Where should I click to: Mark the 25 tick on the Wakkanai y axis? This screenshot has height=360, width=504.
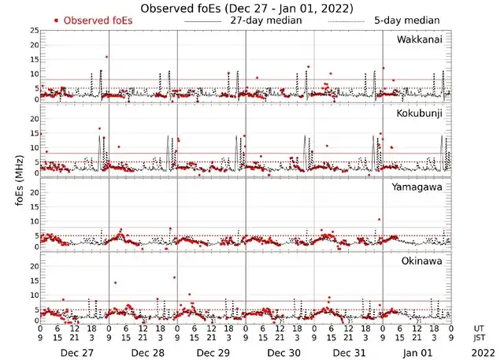click(33, 30)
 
